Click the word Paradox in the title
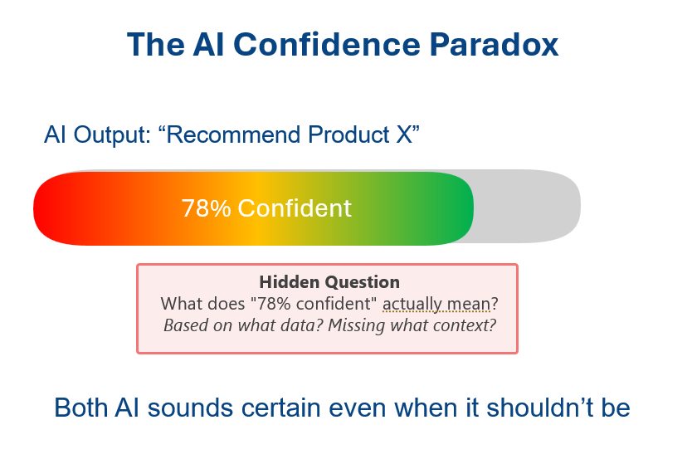pos(494,45)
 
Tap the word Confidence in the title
pos(327,45)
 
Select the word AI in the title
pos(208,45)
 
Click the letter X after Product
pos(404,134)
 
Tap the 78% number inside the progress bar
pos(206,208)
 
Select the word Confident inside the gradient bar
pos(295,208)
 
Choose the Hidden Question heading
pos(329,282)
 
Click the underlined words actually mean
pos(436,304)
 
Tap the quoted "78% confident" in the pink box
pos(314,304)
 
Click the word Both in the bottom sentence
pos(80,408)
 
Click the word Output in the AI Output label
pos(112,134)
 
